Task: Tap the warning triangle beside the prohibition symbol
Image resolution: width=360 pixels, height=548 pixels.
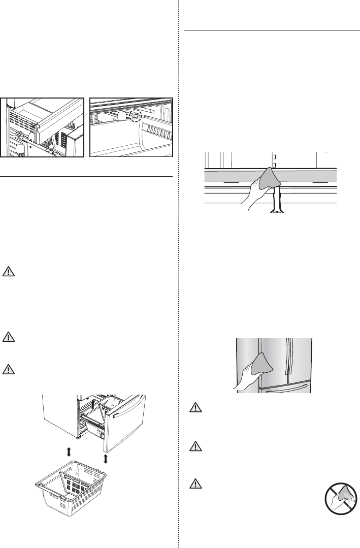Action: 195,483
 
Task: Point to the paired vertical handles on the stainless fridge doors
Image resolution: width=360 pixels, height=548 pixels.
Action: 289,358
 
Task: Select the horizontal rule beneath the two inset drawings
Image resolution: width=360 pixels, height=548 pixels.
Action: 87,177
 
